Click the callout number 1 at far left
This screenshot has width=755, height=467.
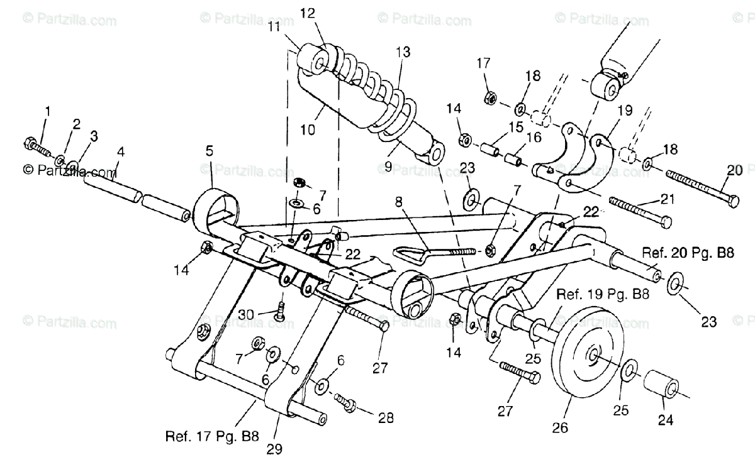click(48, 111)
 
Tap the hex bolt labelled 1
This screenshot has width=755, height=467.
click(37, 148)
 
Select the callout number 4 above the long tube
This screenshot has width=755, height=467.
click(121, 152)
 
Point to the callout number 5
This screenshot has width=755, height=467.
click(210, 151)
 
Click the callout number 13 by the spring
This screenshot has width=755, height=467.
click(403, 52)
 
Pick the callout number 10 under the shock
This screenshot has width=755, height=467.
click(308, 129)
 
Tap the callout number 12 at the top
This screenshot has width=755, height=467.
click(307, 13)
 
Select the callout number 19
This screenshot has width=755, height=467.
click(625, 110)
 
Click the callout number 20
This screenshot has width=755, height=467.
click(735, 170)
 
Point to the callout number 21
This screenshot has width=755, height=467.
click(668, 199)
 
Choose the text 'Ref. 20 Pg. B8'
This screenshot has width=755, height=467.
click(688, 253)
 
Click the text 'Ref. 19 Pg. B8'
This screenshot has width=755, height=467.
click(603, 294)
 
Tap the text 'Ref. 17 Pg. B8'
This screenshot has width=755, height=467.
click(212, 436)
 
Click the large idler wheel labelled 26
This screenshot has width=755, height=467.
click(588, 358)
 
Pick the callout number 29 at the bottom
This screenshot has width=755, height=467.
click(274, 449)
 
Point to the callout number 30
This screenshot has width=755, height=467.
click(246, 315)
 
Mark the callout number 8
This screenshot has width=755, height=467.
click(399, 202)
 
